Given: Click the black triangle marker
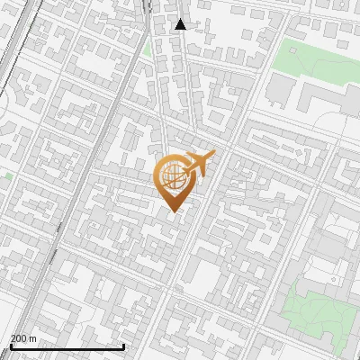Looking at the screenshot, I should click(x=181, y=24).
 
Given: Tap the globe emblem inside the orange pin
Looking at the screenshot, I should click(x=171, y=175).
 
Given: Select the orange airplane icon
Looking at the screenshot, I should click(x=198, y=163).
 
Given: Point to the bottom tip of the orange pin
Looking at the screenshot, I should click(x=173, y=211).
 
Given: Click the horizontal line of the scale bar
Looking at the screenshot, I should click(x=67, y=347).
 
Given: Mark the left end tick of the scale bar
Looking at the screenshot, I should click(x=10, y=346).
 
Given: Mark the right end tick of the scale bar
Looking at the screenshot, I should click(x=123, y=346).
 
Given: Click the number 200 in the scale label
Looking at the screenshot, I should click(x=19, y=338).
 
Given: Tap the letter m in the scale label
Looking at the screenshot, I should click(x=33, y=338).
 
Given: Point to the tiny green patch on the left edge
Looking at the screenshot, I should click(x=5, y=176).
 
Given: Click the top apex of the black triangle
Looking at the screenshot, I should click(x=181, y=19).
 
